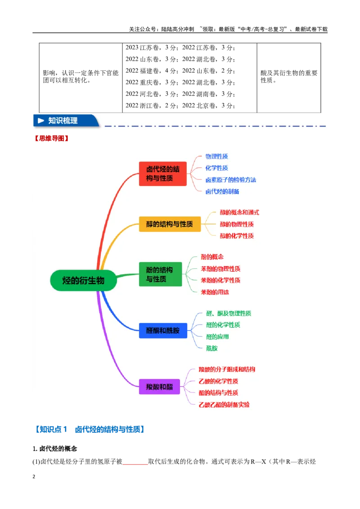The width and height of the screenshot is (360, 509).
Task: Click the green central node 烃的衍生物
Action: tap(84, 280)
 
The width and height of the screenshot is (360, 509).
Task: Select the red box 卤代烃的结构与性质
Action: tap(163, 174)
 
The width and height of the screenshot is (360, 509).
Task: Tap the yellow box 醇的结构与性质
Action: tap(170, 224)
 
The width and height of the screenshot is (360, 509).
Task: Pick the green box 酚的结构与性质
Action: tap(161, 274)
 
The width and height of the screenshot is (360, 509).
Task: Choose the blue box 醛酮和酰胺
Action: tap(163, 330)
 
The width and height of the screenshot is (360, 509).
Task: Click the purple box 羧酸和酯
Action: tap(159, 387)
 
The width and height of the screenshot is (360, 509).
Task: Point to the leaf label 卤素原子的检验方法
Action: tap(231, 180)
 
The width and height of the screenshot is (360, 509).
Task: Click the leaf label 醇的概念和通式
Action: tap(239, 212)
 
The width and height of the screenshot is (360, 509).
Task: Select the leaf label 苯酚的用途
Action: tap(215, 292)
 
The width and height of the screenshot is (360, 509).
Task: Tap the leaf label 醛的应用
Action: tap(217, 337)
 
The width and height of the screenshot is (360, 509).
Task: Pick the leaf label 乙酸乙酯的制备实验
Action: tap(224, 405)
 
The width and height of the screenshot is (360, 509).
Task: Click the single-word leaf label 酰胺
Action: tap(212, 348)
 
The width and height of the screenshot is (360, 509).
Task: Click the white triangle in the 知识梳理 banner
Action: tap(41, 121)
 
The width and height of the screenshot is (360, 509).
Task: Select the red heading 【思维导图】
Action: tap(51, 138)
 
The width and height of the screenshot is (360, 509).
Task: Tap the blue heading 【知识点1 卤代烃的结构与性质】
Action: tap(90, 429)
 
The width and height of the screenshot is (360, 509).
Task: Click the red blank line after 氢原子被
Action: tap(135, 464)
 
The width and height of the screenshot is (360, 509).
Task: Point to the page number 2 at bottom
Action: tap(34, 477)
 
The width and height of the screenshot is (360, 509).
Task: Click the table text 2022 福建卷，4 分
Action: tap(152, 71)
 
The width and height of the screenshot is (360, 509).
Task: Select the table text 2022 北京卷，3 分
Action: tap(208, 106)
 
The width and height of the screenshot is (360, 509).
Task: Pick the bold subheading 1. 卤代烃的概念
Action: tap(55, 449)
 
